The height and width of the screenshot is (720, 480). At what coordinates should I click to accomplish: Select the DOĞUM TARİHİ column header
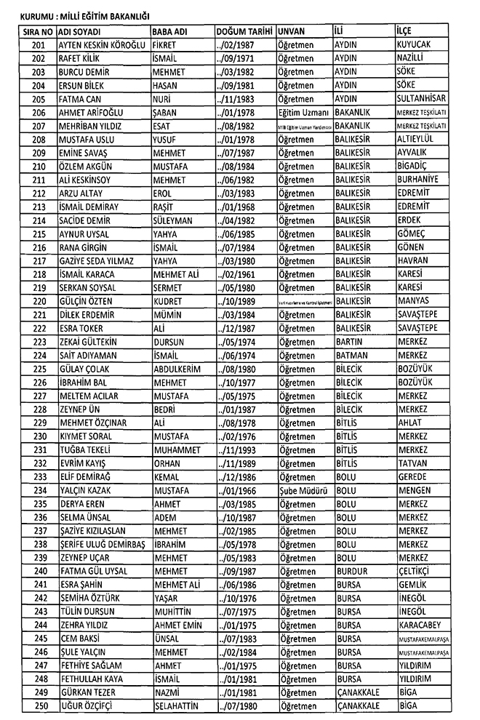tap(244, 32)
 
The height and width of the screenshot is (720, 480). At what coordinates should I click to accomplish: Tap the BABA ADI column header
tap(170, 32)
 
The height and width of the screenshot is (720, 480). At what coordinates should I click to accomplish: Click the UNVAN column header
tap(292, 32)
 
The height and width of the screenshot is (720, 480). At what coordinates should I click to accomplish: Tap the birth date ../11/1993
tap(236, 449)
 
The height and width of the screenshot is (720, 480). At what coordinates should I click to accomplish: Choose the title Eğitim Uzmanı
tap(304, 113)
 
